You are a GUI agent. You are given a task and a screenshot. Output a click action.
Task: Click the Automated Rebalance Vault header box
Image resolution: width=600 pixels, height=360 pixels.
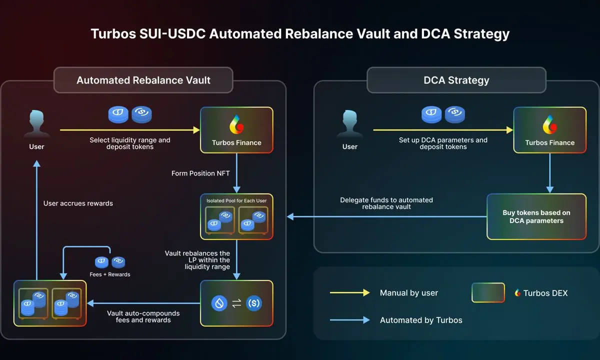143,80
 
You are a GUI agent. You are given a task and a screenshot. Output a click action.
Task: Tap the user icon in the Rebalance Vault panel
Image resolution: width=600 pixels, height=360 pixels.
36,125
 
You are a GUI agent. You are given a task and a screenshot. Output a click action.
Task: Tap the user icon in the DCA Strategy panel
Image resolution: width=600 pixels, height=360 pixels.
350,125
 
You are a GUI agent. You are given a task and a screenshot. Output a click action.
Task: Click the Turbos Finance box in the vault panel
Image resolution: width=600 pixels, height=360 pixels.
236,130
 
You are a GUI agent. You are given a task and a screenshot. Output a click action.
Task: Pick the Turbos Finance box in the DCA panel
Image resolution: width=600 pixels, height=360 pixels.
550,130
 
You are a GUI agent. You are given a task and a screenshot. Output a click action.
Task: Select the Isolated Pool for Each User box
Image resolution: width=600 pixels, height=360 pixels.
236,216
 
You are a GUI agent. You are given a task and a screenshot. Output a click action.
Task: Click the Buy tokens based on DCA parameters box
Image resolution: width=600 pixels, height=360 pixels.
536,216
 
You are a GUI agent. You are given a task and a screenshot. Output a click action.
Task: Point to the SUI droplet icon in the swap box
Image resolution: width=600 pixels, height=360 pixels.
219,303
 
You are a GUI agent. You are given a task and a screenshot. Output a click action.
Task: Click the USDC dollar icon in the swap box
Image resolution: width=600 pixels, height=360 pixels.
254,303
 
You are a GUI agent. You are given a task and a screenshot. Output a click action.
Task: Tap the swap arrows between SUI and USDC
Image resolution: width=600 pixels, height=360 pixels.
236,303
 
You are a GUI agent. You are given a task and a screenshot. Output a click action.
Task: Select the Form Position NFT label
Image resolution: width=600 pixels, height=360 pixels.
200,173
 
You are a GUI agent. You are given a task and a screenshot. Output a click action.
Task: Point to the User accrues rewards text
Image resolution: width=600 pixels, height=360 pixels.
78,203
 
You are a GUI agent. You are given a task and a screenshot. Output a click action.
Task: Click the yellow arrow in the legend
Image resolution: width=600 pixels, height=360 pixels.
349,293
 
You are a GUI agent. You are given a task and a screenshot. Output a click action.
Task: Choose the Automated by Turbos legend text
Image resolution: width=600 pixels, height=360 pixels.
421,320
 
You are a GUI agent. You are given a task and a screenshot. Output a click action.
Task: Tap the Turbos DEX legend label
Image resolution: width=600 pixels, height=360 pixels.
545,293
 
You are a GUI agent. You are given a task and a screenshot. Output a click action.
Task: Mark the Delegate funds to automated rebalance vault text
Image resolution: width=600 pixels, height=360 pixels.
386,203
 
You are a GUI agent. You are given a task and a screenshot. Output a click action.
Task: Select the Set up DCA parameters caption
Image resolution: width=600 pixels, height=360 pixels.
443,143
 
